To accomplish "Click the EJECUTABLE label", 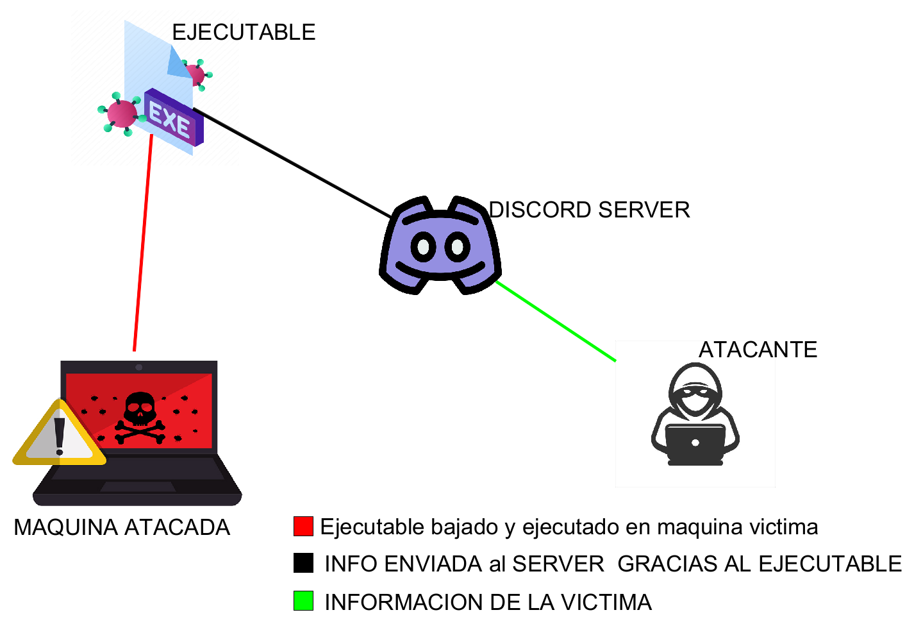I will pyautogui.click(x=244, y=32).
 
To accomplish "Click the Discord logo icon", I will pyautogui.click(x=440, y=246).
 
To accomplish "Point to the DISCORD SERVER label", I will pyautogui.click(x=589, y=210).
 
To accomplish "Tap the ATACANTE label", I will pyautogui.click(x=758, y=350).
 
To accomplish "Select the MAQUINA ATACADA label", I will pyautogui.click(x=122, y=527).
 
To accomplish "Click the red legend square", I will pyautogui.click(x=303, y=526).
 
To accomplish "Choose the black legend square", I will pyautogui.click(x=303, y=563).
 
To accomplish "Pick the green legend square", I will pyautogui.click(x=303, y=601).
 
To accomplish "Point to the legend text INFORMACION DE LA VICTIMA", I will pyautogui.click(x=488, y=602).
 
